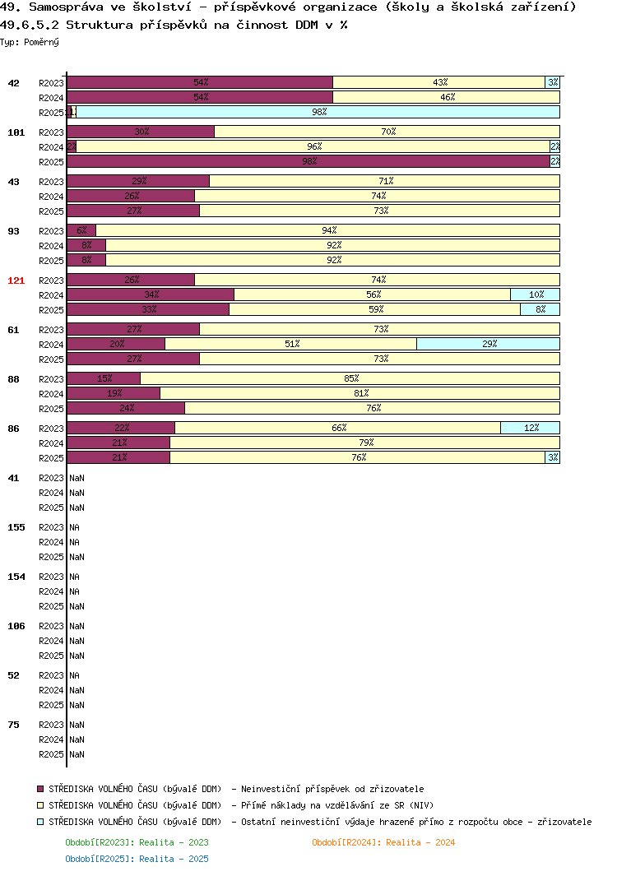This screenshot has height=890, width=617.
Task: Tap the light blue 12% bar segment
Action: tap(530, 428)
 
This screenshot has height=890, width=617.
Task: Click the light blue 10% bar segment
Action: tap(535, 294)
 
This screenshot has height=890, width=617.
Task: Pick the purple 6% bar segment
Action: tap(81, 230)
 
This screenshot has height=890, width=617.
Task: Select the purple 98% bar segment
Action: tap(308, 161)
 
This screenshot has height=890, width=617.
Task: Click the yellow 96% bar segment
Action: tap(313, 146)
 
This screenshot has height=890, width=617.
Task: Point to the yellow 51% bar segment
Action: tap(290, 344)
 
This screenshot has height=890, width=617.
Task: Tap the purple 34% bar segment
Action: tap(151, 294)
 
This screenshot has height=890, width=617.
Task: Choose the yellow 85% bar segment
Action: tap(350, 378)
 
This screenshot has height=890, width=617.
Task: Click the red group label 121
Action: tap(16, 280)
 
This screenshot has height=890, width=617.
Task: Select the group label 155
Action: tap(16, 527)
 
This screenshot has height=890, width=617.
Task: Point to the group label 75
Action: tap(14, 725)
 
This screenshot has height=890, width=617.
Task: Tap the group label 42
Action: tap(14, 83)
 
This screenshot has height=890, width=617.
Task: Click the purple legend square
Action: tap(40, 789)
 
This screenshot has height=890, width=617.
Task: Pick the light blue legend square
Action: tap(40, 822)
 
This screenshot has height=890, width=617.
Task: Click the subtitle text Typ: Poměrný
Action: tap(30, 42)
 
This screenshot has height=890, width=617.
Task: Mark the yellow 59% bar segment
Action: tap(374, 309)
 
